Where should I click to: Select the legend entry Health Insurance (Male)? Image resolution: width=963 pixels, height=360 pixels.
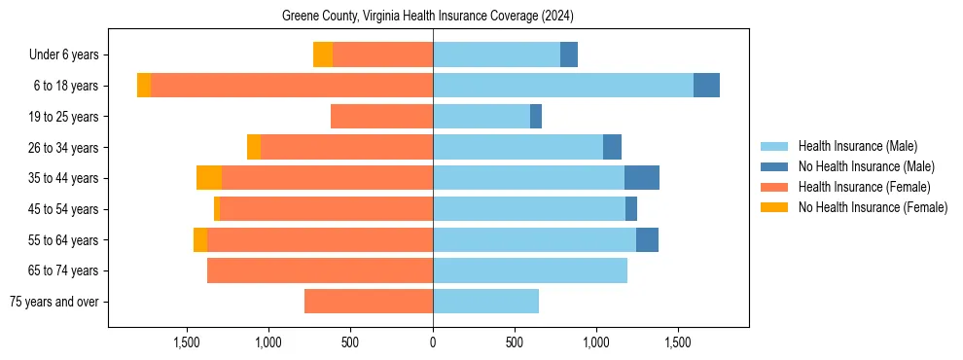857,147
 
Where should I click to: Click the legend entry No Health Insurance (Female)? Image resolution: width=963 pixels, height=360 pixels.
873,207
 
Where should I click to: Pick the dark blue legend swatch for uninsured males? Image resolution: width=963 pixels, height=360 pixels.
775,167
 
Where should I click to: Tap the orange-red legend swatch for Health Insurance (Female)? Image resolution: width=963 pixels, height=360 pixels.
775,187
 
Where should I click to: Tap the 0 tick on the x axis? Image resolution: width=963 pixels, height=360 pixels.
433,342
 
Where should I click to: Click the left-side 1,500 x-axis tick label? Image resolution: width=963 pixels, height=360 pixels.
187,342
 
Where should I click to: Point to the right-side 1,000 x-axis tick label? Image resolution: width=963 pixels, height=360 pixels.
596,342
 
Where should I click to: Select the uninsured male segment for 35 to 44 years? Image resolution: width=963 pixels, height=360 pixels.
642,178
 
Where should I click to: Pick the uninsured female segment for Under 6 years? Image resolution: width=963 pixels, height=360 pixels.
323,55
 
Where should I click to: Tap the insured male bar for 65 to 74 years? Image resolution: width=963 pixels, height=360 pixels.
530,270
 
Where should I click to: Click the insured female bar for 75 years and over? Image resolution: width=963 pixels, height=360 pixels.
369,302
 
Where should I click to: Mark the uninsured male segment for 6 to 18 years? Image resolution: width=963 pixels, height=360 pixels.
706,86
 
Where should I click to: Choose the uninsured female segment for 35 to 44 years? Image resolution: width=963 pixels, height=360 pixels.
209,178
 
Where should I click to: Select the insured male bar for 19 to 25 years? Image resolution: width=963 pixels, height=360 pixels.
481,117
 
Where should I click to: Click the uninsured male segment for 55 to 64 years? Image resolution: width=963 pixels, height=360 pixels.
647,240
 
